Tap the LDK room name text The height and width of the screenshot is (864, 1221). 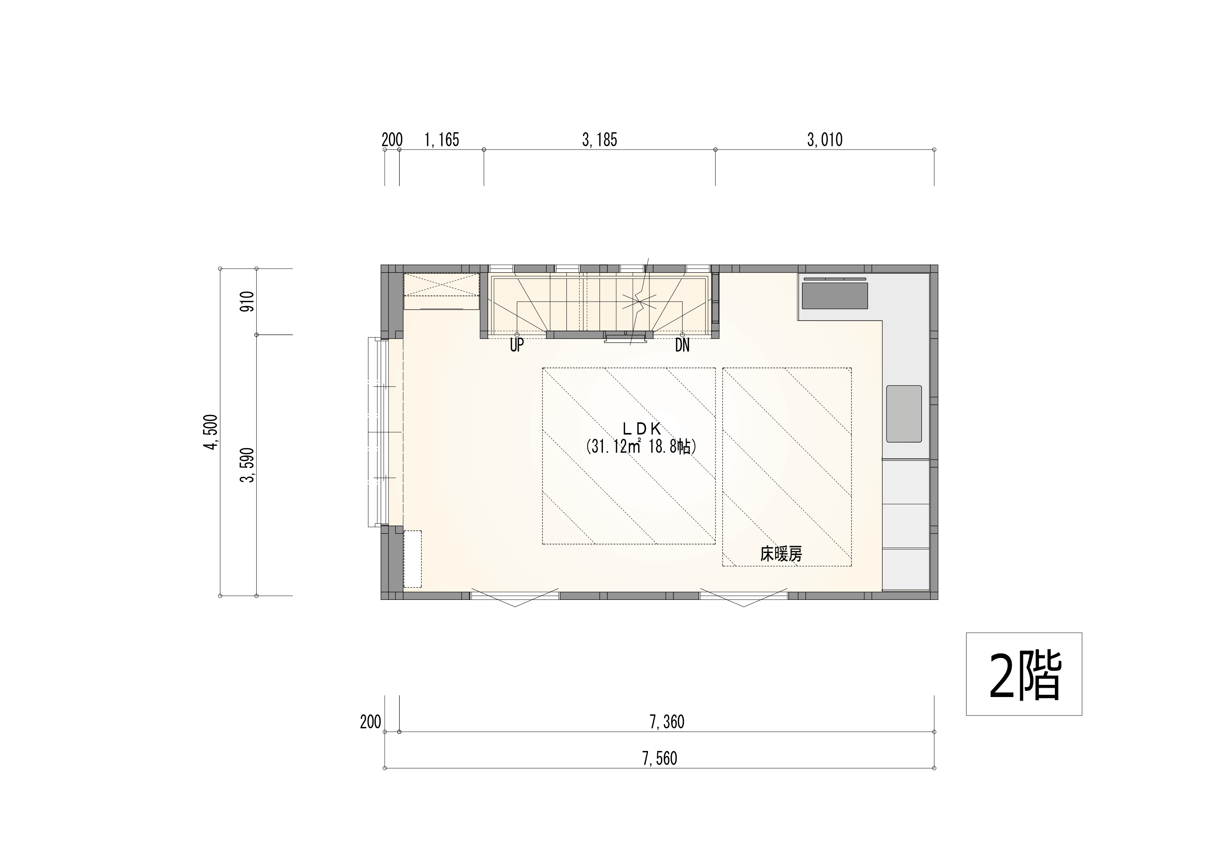click(x=641, y=428)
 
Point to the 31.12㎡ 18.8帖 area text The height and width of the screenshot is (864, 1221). click(x=641, y=446)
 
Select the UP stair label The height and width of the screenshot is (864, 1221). click(x=517, y=345)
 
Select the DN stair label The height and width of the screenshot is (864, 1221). click(x=682, y=345)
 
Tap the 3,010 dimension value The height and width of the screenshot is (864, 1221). click(x=825, y=140)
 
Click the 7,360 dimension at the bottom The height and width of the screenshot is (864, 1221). click(x=667, y=722)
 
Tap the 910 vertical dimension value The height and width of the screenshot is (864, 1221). click(x=248, y=302)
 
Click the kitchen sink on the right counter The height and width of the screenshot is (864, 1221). click(x=904, y=414)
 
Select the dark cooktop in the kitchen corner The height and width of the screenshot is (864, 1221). click(x=835, y=295)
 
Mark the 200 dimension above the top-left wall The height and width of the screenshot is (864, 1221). click(x=392, y=140)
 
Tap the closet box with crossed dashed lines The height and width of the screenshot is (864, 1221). click(x=441, y=291)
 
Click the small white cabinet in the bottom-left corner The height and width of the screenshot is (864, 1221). click(x=413, y=559)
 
